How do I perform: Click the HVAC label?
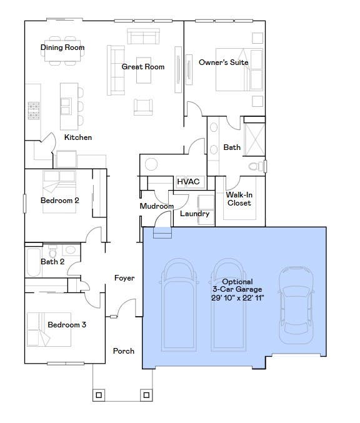point(188,182)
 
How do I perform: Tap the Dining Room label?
point(62,47)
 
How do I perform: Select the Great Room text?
point(142,67)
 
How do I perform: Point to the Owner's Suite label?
point(224,62)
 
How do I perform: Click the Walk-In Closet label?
point(239,199)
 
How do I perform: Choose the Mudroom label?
point(156,206)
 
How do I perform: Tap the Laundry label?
point(194,214)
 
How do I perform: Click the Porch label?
point(124,351)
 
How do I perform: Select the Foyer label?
point(124,278)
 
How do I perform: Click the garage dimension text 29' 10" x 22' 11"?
point(237,297)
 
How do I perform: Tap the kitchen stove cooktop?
point(34,111)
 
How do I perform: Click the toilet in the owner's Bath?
point(256,166)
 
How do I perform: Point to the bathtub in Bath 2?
point(34,262)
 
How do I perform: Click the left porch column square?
point(99,396)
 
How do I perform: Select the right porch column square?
point(146,396)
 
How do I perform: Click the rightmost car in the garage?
point(296,305)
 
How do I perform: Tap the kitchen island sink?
point(66,106)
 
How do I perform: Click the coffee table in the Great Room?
point(144,70)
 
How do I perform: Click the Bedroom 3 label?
point(67,324)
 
